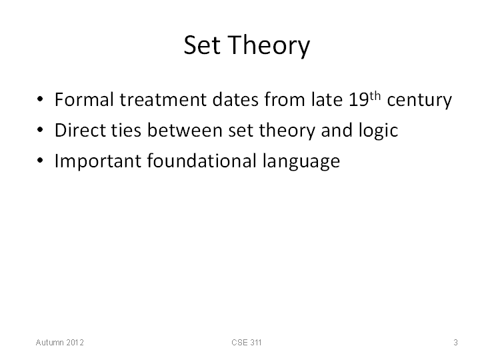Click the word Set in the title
[x=202, y=45]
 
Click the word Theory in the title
[x=269, y=46]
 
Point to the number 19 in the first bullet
[x=359, y=100]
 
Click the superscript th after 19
[x=375, y=96]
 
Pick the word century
[x=419, y=101]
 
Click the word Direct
[x=80, y=130]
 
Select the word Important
[x=97, y=161]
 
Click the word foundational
[x=202, y=161]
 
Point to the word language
[x=301, y=161]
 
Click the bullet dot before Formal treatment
[x=40, y=99]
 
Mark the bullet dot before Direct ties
[x=40, y=130]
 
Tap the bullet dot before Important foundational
[x=40, y=161]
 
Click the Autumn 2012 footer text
[x=60, y=342]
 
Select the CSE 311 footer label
[x=247, y=342]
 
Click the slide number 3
[x=455, y=342]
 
